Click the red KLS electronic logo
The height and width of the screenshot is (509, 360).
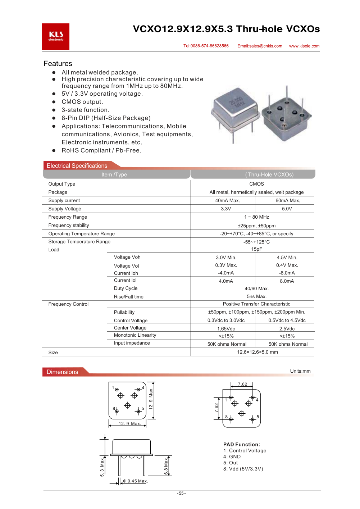click(56, 37)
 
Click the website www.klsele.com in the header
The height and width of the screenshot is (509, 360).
click(304, 46)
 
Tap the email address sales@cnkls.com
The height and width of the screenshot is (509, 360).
click(260, 46)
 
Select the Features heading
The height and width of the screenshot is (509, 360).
click(58, 64)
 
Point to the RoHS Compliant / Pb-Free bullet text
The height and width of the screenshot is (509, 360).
click(101, 150)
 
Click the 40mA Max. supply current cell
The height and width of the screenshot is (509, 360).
click(227, 201)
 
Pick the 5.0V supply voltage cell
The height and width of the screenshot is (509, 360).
click(287, 209)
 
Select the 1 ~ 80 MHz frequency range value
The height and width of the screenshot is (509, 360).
click(256, 217)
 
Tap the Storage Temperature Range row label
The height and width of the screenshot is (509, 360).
click(79, 242)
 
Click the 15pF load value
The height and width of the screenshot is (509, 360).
click(256, 249)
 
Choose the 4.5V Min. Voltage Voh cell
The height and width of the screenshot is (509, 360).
click(287, 258)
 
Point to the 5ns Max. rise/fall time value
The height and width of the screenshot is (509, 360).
click(256, 297)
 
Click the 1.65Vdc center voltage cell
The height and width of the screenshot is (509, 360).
click(226, 329)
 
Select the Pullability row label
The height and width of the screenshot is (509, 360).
click(124, 312)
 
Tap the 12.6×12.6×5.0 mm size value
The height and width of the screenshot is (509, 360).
click(257, 352)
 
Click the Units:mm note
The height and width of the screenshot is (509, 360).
click(300, 371)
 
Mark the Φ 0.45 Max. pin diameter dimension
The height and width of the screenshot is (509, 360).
click(135, 481)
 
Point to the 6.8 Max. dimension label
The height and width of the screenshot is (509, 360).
click(166, 466)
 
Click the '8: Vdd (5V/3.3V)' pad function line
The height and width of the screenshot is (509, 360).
click(243, 469)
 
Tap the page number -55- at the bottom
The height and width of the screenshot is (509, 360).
click(181, 493)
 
